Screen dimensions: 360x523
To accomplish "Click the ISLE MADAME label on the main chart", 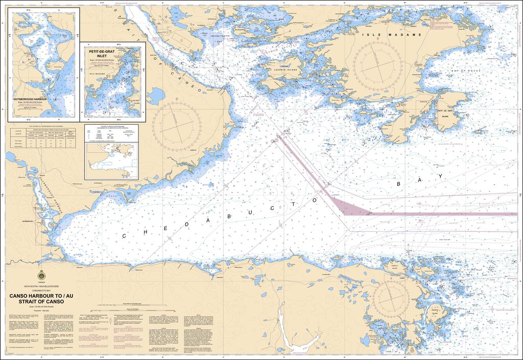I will coord(392,35).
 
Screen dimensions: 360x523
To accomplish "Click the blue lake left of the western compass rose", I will coord(155,95).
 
